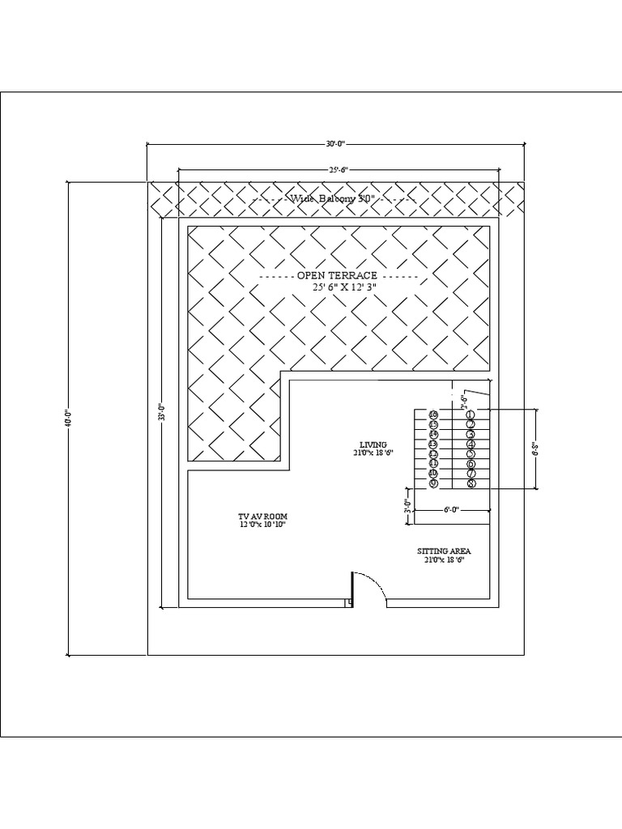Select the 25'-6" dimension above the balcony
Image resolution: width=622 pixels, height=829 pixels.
338,170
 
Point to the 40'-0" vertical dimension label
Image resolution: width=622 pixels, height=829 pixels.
68,418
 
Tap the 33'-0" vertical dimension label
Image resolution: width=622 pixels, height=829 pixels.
163,413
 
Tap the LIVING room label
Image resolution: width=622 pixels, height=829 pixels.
373,444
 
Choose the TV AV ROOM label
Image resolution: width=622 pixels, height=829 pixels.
262,516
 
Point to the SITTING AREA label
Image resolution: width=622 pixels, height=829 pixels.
445,551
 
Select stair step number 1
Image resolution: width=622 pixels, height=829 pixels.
471,414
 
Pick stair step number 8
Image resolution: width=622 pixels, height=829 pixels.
471,483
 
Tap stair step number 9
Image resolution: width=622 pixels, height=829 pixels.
433,483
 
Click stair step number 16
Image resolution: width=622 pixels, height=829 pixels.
433,414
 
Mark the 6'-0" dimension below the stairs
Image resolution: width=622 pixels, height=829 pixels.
451,510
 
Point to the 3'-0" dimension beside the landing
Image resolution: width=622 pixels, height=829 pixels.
407,508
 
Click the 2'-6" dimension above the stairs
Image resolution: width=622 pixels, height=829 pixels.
464,398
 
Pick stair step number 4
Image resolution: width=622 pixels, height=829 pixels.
471,444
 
